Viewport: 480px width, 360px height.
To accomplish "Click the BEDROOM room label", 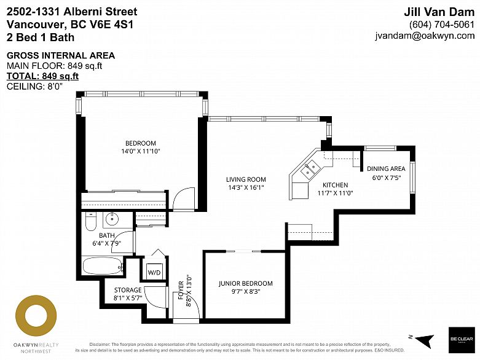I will coord(140,143).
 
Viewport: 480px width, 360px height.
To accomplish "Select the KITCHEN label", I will coord(335,185).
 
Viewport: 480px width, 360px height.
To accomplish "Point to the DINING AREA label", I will coord(386,169).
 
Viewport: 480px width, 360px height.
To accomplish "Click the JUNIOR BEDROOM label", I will coord(245,284).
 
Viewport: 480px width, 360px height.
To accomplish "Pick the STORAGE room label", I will coord(128,290).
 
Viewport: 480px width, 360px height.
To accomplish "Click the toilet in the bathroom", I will coord(90,221).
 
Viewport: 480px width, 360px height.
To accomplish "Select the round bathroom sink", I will coord(112,219).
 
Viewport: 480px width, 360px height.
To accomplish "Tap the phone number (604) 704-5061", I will coord(441,25).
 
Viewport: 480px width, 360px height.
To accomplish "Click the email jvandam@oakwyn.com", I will coord(425,36).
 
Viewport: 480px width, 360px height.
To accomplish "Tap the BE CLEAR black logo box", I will coord(461,339).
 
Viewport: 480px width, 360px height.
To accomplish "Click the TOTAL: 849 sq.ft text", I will coord(42,76).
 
